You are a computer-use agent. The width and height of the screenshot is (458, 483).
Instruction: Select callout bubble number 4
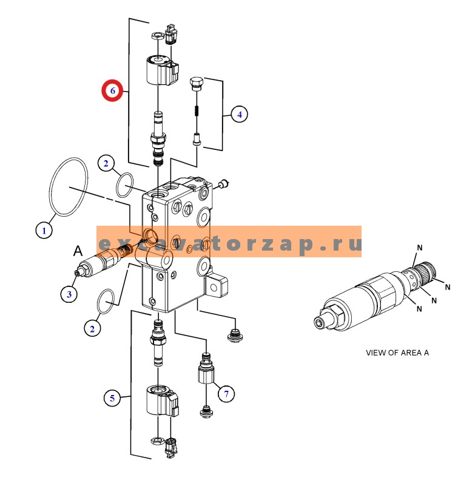pyautogui.click(x=238, y=113)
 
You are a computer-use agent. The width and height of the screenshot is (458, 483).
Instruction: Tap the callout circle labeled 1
pyautogui.click(x=43, y=230)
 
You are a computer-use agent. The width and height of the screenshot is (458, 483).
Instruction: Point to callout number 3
pyautogui.click(x=69, y=294)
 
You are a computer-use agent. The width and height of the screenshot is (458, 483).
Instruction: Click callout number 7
pyautogui.click(x=226, y=394)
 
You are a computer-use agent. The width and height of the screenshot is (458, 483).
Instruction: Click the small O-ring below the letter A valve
pyautogui.click(x=107, y=302)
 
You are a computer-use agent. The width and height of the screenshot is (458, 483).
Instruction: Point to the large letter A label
pyautogui.click(x=78, y=251)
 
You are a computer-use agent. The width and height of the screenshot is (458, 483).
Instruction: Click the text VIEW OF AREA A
pyautogui.click(x=397, y=353)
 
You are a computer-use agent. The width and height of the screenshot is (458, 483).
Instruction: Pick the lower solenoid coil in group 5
pyautogui.click(x=161, y=402)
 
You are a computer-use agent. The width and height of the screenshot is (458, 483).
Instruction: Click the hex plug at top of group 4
pyautogui.click(x=196, y=84)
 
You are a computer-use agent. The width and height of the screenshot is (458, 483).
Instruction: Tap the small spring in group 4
pyautogui.click(x=196, y=110)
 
